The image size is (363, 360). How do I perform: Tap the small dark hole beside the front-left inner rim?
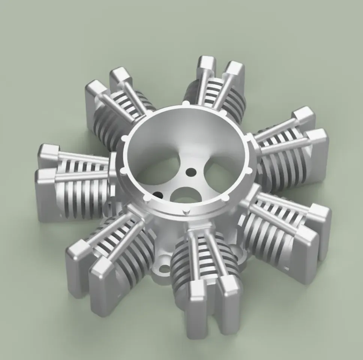point(158,195)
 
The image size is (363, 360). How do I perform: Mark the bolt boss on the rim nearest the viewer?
point(184,213)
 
